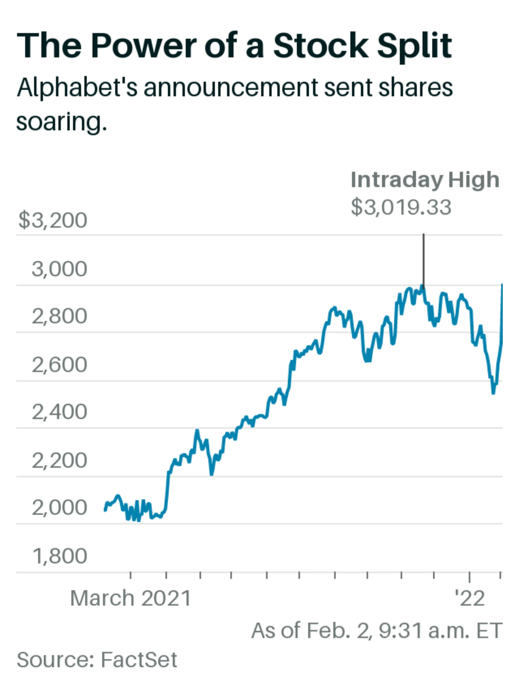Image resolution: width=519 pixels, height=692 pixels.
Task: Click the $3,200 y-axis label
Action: tap(53, 220)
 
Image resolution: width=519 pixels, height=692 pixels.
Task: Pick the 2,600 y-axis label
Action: tap(59, 365)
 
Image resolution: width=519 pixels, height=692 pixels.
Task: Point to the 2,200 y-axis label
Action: tap(59, 460)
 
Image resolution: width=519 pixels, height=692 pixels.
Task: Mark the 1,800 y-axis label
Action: tap(59, 556)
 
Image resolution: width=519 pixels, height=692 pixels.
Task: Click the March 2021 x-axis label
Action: tap(130, 599)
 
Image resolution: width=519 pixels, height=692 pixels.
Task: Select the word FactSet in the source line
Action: tap(139, 660)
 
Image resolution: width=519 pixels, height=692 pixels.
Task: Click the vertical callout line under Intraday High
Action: tap(424, 260)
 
